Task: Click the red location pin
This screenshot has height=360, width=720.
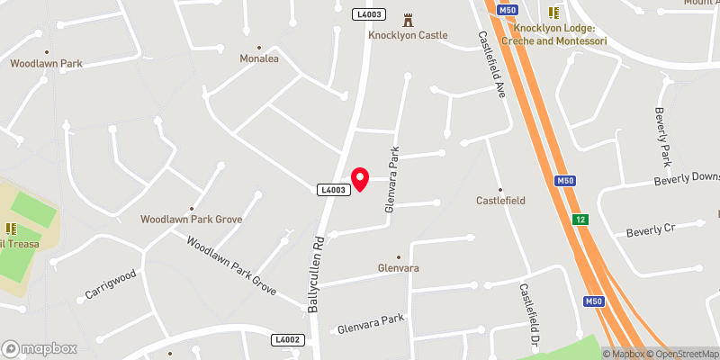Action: click(360, 178)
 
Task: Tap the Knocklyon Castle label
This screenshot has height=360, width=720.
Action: click(408, 35)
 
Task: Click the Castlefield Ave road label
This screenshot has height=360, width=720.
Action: click(495, 66)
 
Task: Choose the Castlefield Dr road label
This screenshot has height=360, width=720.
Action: click(526, 318)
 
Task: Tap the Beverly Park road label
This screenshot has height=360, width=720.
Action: click(662, 137)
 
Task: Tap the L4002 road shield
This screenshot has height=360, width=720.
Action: click(287, 339)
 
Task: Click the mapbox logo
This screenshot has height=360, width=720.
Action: click(39, 348)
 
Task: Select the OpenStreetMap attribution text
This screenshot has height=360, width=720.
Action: click(683, 354)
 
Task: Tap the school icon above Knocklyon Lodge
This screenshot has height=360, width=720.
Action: click(554, 13)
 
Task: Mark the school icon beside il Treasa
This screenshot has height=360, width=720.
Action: click(12, 229)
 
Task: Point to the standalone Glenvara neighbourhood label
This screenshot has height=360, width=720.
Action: click(398, 268)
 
